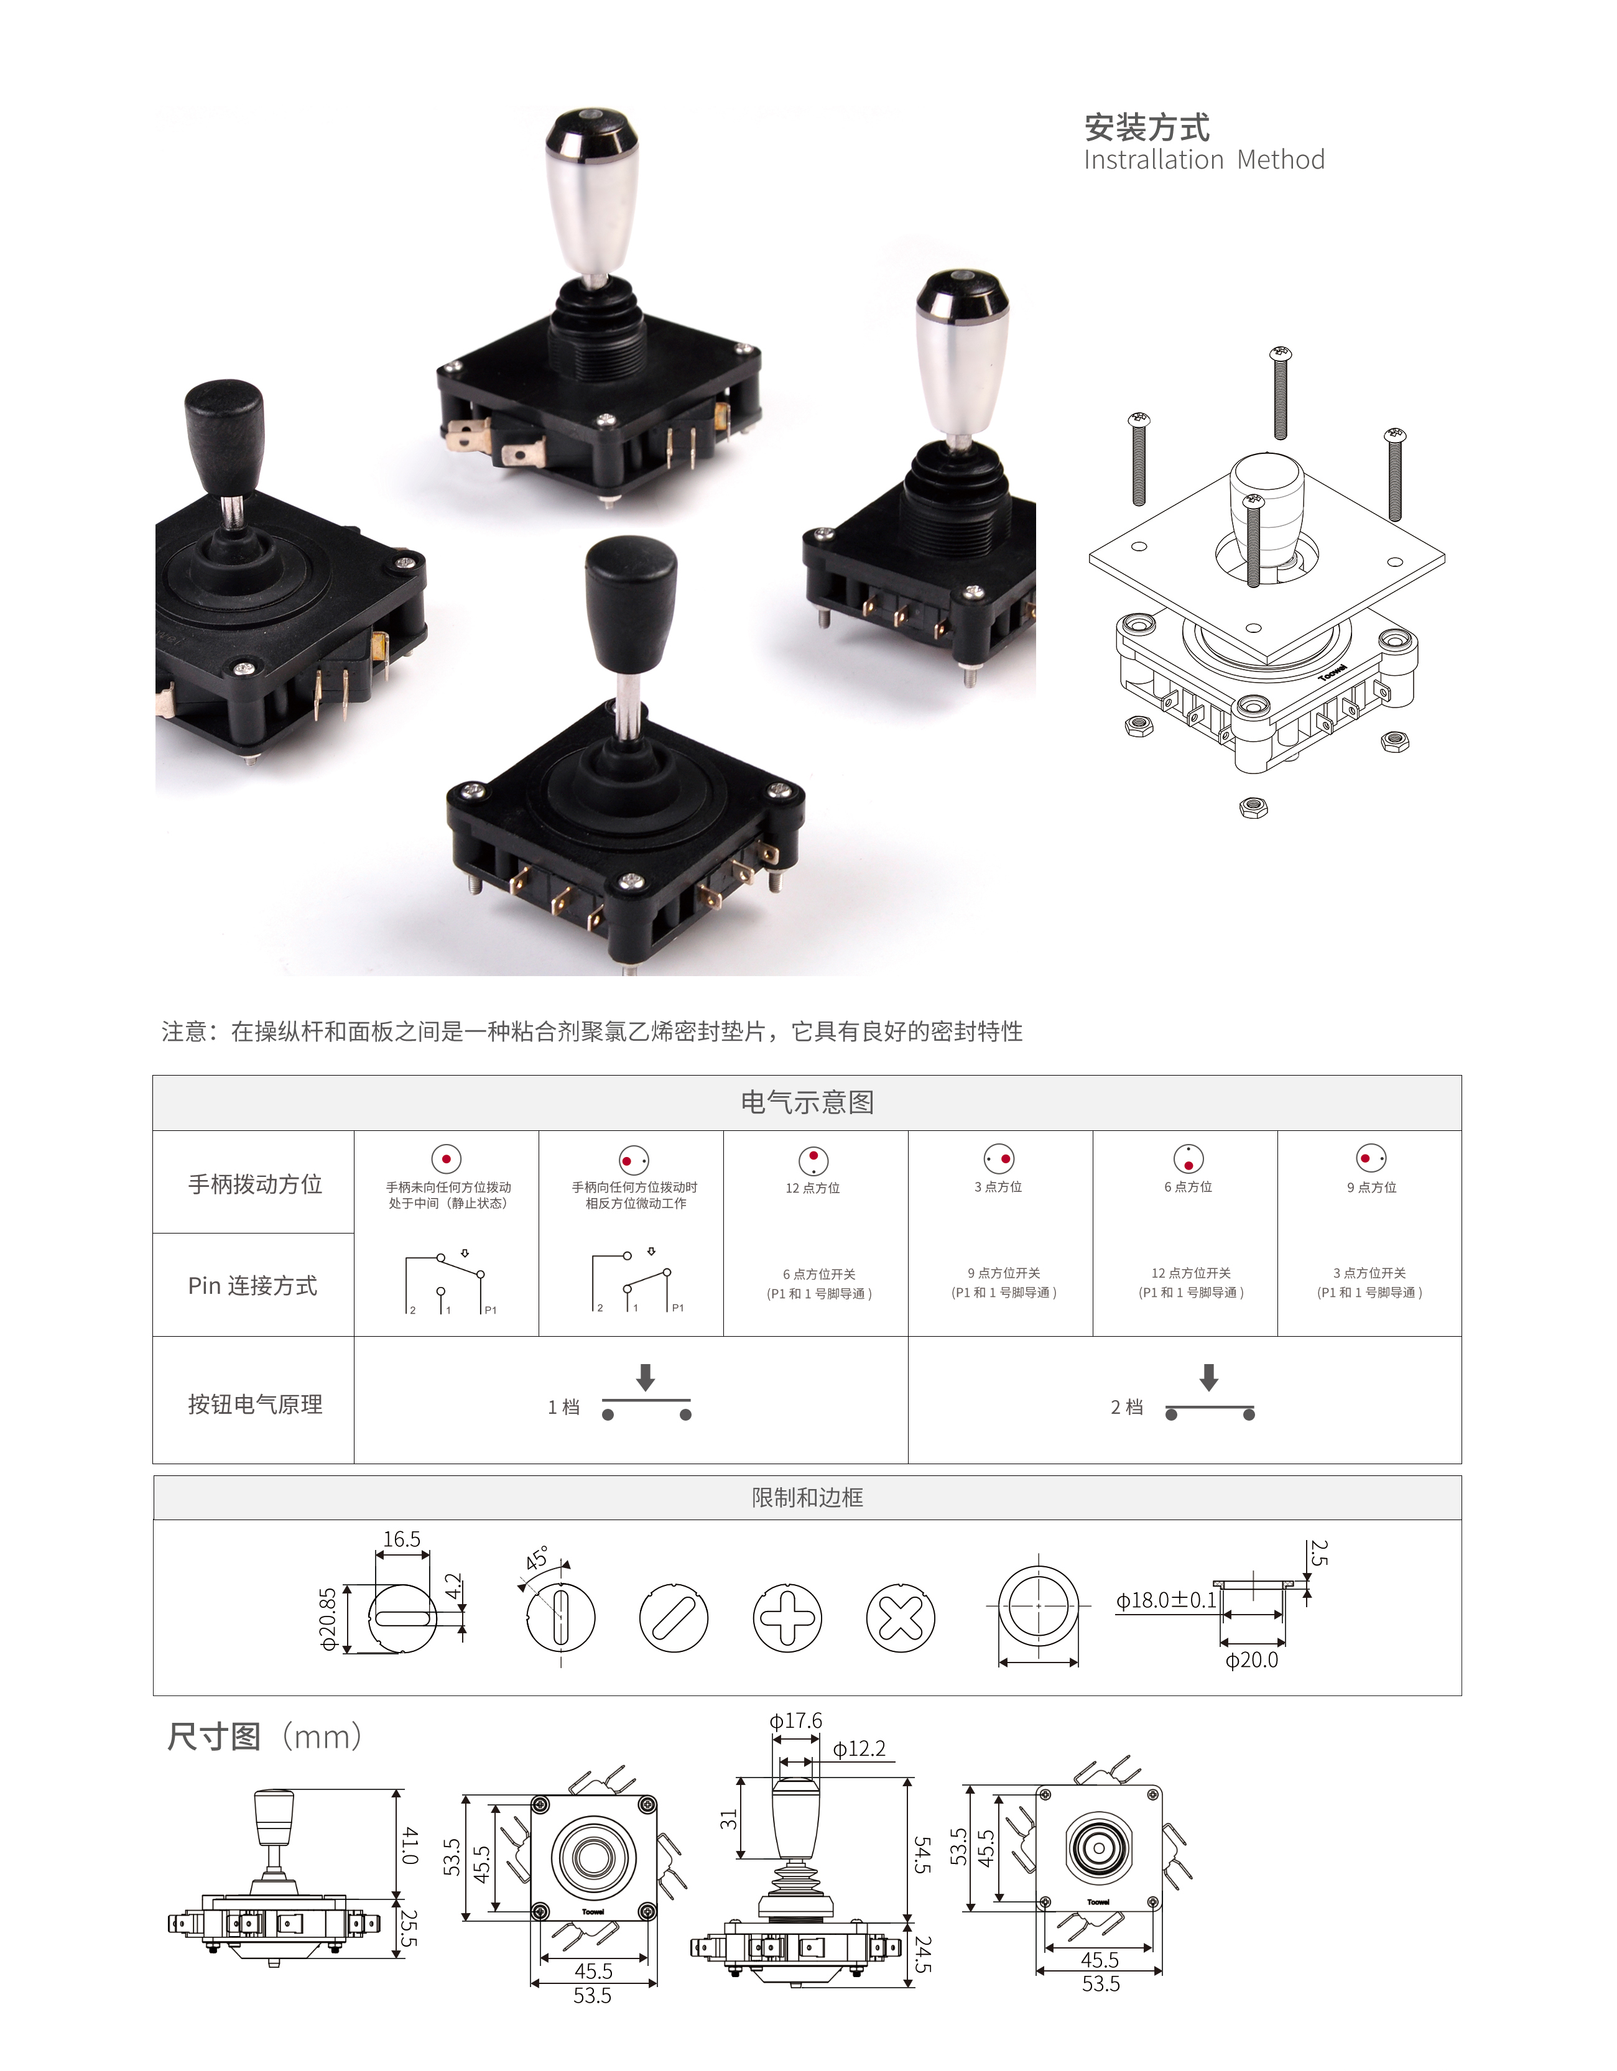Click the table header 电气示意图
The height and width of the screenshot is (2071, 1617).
coord(807,1102)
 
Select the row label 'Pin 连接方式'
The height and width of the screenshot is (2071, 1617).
coord(253,1285)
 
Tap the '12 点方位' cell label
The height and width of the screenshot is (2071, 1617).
coord(813,1188)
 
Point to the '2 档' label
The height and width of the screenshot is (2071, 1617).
coord(1127,1407)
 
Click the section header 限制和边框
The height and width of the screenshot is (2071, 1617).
coord(807,1497)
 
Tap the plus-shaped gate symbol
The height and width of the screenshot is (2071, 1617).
coord(787,1618)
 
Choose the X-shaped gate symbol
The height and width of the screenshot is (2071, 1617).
coord(900,1618)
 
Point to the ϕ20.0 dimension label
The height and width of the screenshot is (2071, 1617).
coord(1252,1661)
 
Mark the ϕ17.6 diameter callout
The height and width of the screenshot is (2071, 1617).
coord(795,1720)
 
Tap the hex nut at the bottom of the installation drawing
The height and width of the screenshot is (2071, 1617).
coord(1254,808)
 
